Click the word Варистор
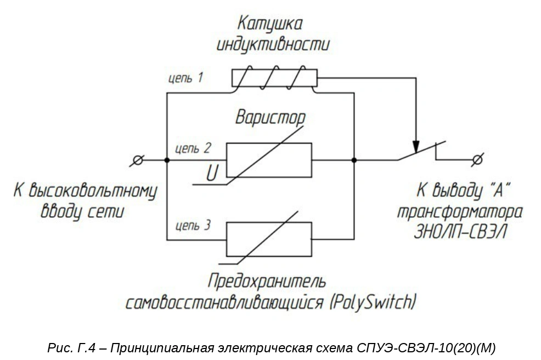coord(270,117)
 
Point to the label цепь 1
coord(185,78)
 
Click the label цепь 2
coord(193,149)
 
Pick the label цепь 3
coord(193,226)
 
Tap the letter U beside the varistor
coord(212,173)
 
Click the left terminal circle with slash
coord(137,160)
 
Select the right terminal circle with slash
coord(477,160)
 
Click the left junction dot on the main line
coord(167,160)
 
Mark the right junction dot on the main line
coord(354,160)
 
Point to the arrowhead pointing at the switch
coord(416,147)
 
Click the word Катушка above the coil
coord(270,24)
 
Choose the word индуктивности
coord(273,44)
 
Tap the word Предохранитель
coord(267,282)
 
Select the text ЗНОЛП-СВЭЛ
coord(460,232)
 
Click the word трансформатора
coord(460,212)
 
